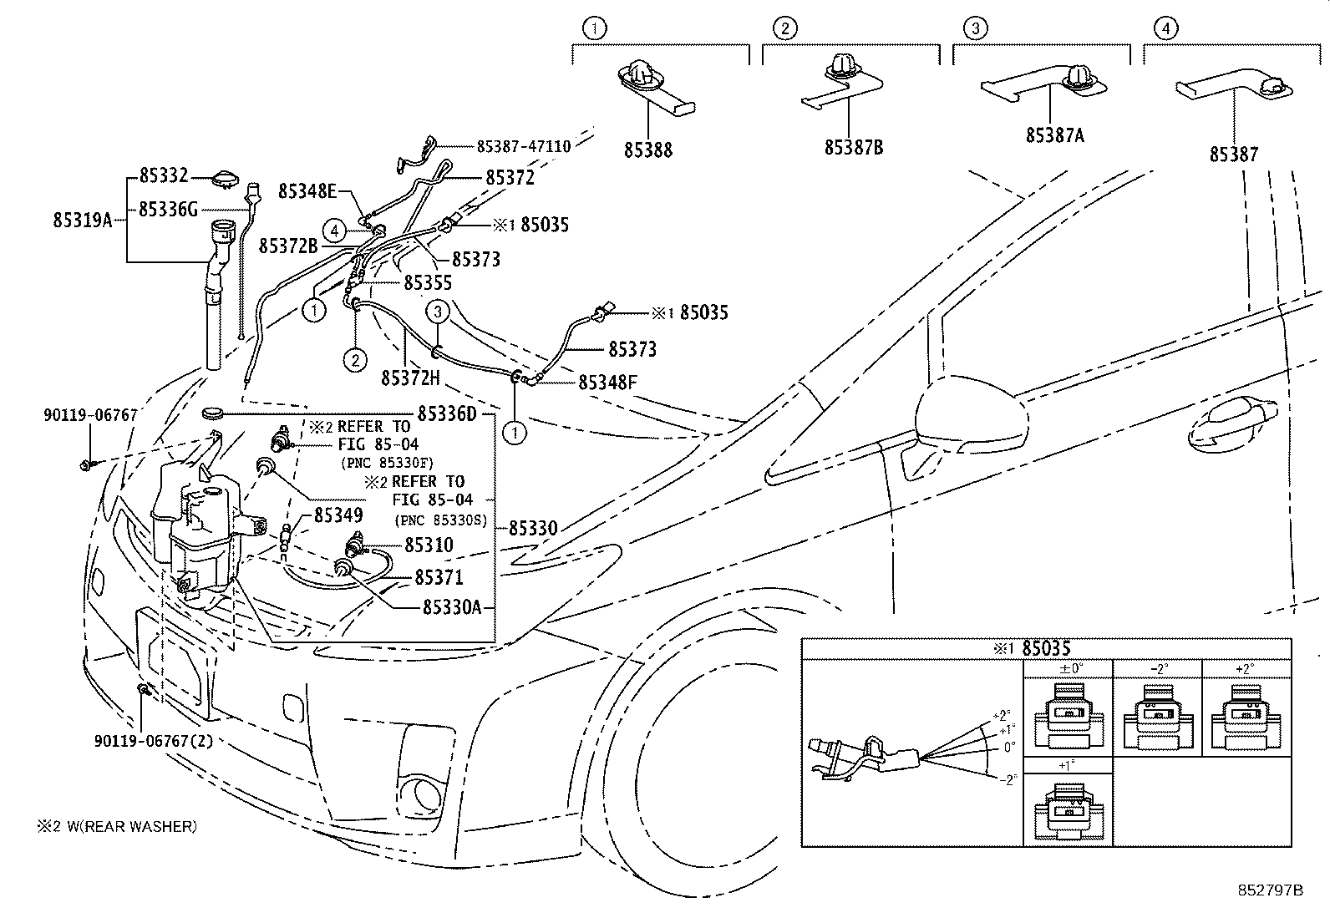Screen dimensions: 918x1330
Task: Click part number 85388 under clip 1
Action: pos(647,150)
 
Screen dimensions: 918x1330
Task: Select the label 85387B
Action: pos(853,148)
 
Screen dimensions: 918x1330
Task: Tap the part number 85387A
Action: pos(1054,135)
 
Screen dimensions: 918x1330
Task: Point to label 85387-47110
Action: pos(523,146)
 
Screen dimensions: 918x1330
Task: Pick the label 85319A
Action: pos(82,221)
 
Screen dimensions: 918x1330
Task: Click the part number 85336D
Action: pos(446,413)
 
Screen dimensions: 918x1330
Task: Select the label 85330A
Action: pos(452,607)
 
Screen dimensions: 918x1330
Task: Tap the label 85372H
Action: pos(410,378)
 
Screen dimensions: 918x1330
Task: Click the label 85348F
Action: pos(607,382)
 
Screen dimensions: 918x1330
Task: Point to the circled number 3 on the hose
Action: pos(438,312)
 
